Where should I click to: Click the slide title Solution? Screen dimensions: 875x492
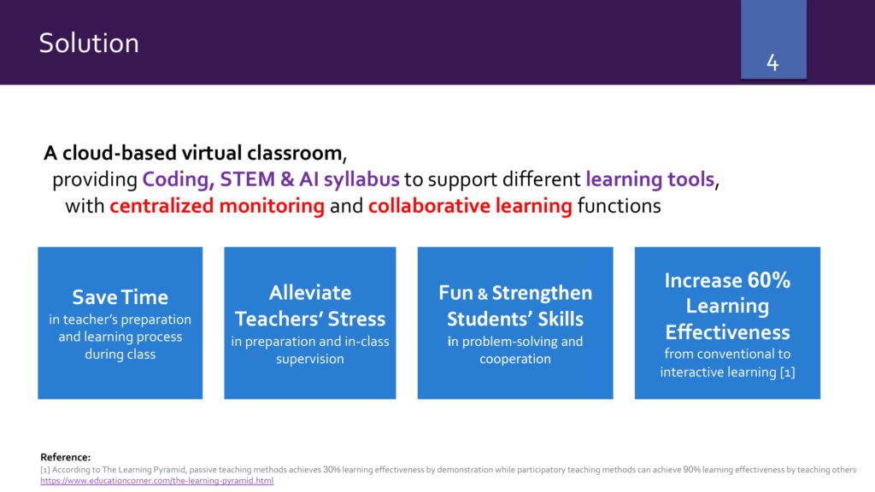pyautogui.click(x=89, y=43)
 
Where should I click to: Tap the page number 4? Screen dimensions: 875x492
pyautogui.click(x=772, y=62)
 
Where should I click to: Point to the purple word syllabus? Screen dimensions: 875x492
pyautogui.click(x=361, y=179)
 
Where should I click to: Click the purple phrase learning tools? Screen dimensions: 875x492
pyautogui.click(x=649, y=179)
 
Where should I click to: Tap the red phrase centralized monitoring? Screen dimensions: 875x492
pyautogui.click(x=216, y=206)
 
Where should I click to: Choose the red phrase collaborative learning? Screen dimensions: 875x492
pyautogui.click(x=470, y=206)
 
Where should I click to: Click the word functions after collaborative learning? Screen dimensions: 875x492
pyautogui.click(x=619, y=206)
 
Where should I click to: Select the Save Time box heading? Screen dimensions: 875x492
pyautogui.click(x=120, y=297)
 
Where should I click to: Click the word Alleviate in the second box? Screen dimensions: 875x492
pyautogui.click(x=309, y=293)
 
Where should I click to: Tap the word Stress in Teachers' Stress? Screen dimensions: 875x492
pyautogui.click(x=356, y=319)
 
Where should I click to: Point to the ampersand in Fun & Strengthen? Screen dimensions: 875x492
pyautogui.click(x=483, y=294)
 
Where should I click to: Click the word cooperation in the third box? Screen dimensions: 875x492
pyautogui.click(x=515, y=359)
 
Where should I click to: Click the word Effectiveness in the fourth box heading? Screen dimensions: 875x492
pyautogui.click(x=727, y=332)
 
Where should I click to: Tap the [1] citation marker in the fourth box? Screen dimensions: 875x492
pyautogui.click(x=787, y=372)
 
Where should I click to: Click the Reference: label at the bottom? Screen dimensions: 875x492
pyautogui.click(x=65, y=458)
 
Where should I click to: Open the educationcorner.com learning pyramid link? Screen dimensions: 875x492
pyautogui.click(x=157, y=480)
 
